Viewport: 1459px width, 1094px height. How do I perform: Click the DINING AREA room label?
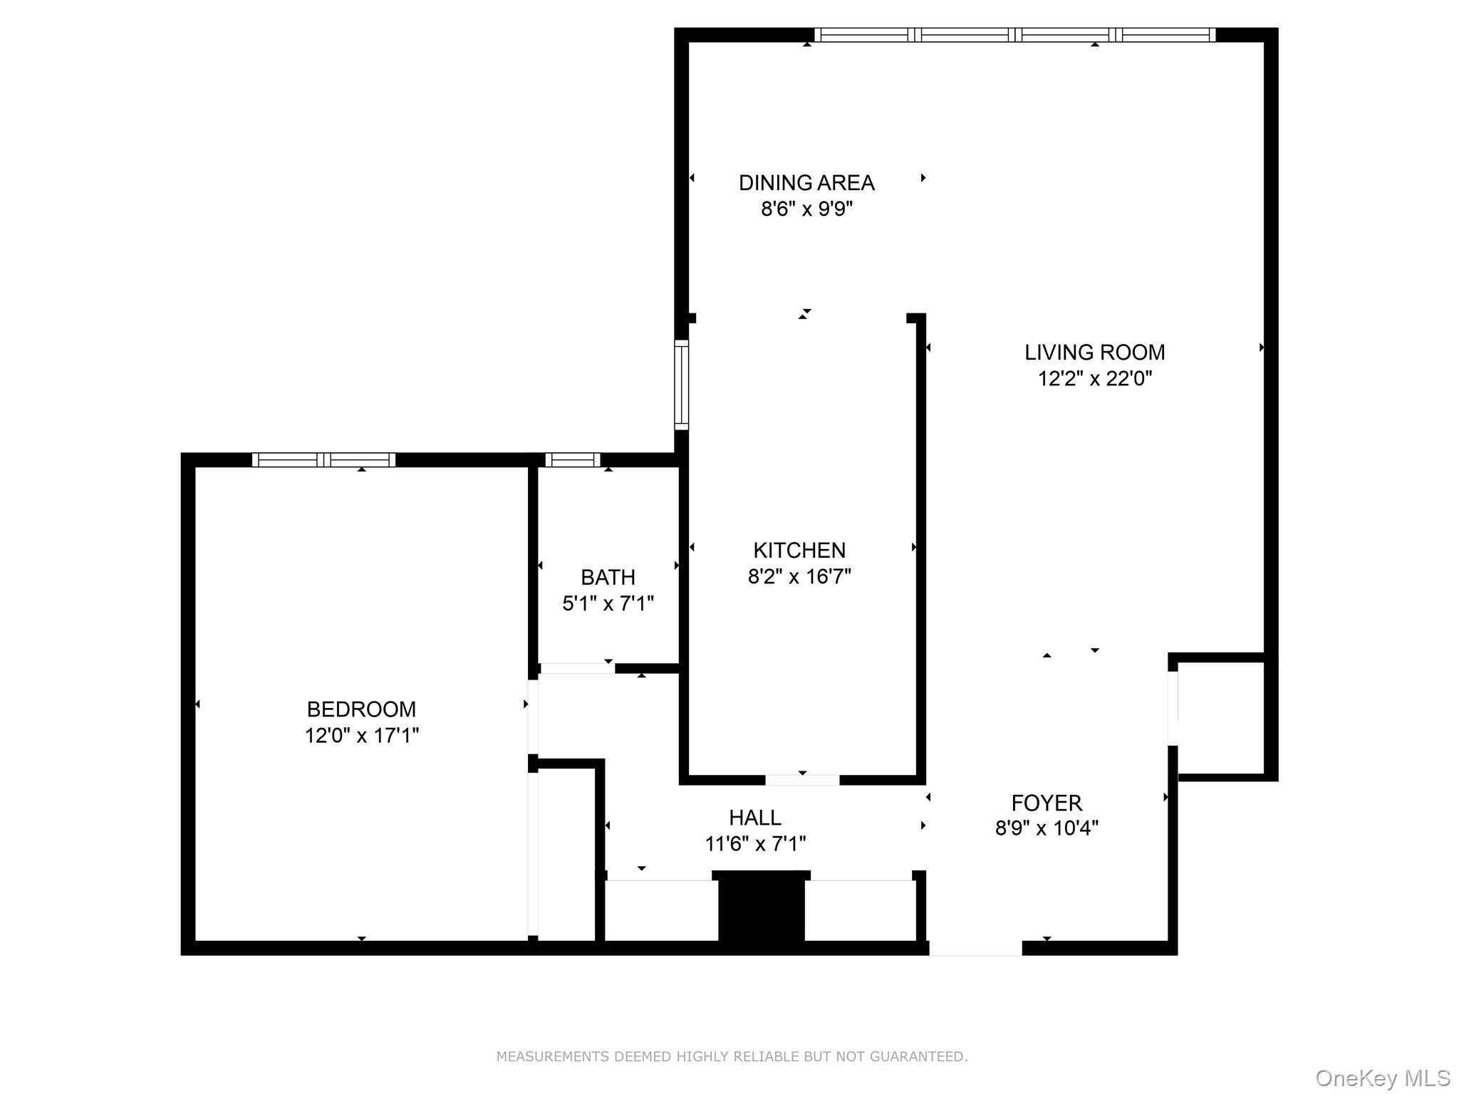click(x=806, y=183)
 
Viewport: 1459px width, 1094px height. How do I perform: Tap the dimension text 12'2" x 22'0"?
click(x=1094, y=378)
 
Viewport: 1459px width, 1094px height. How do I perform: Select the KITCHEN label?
click(x=799, y=550)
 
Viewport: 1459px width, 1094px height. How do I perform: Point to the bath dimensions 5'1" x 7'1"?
click(x=608, y=603)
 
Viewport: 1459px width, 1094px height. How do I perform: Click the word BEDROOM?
click(x=361, y=709)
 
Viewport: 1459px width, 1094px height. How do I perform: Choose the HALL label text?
click(x=754, y=817)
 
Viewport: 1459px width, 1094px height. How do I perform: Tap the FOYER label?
click(x=1046, y=803)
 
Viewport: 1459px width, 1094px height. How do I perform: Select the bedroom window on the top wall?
click(x=323, y=460)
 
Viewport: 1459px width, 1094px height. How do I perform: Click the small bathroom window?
click(x=572, y=460)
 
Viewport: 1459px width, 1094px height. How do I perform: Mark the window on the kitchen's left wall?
click(x=682, y=385)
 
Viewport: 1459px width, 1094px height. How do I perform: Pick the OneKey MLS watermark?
click(x=1382, y=1078)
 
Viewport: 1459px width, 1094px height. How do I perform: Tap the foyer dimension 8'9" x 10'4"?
click(x=1046, y=828)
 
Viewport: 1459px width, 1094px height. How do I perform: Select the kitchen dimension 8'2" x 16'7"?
click(x=799, y=576)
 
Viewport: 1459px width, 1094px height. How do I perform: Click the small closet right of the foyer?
click(x=1220, y=717)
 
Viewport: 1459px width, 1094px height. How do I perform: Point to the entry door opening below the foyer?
click(x=975, y=948)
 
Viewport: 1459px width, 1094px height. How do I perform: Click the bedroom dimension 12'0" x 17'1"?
click(x=361, y=735)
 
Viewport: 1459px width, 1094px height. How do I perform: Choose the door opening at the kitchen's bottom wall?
click(x=802, y=780)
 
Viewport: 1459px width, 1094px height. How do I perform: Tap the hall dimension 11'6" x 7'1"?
click(x=754, y=844)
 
